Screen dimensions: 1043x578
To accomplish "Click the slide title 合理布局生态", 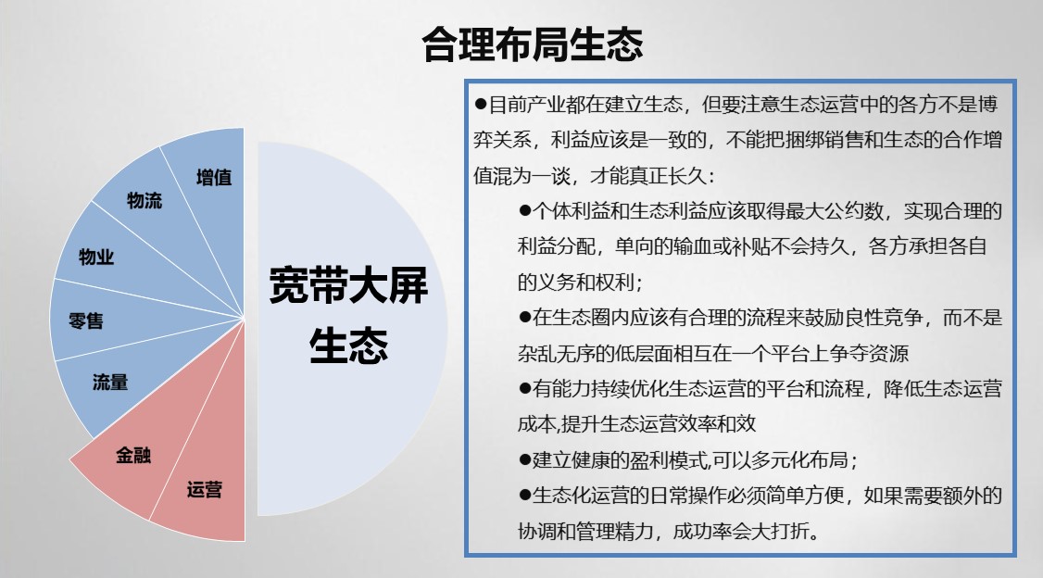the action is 532,44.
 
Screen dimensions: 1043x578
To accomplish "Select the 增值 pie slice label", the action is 214,177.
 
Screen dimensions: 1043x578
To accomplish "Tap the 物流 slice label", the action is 145,200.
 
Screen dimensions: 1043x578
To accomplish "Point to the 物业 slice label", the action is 96,257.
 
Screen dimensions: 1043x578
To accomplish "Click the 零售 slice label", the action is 86,321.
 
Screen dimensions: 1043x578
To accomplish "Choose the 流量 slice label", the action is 110,383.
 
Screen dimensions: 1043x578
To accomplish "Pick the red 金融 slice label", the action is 133,456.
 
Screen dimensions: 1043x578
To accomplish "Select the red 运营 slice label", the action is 204,490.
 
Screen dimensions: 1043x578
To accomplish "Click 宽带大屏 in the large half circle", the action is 348,285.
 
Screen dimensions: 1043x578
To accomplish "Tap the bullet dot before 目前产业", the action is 480,104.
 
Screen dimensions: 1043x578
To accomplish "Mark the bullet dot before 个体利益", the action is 525,211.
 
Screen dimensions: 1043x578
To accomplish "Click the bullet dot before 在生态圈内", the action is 525,318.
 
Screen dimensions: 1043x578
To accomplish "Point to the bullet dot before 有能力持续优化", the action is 525,388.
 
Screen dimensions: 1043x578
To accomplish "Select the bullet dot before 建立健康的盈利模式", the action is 525,459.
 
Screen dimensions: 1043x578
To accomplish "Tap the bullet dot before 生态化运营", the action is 525,495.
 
